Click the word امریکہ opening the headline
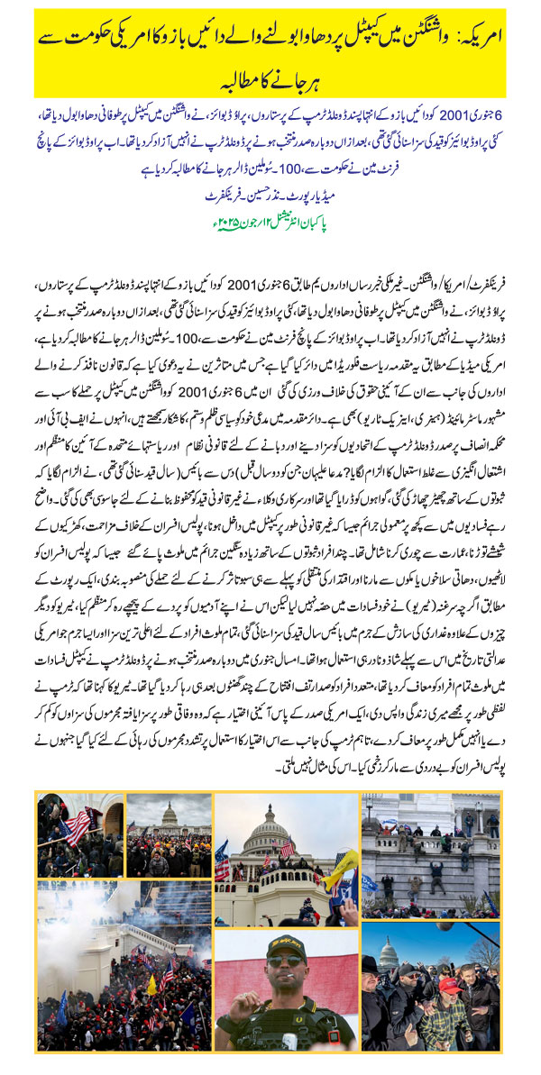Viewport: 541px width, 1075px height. tap(494, 41)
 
